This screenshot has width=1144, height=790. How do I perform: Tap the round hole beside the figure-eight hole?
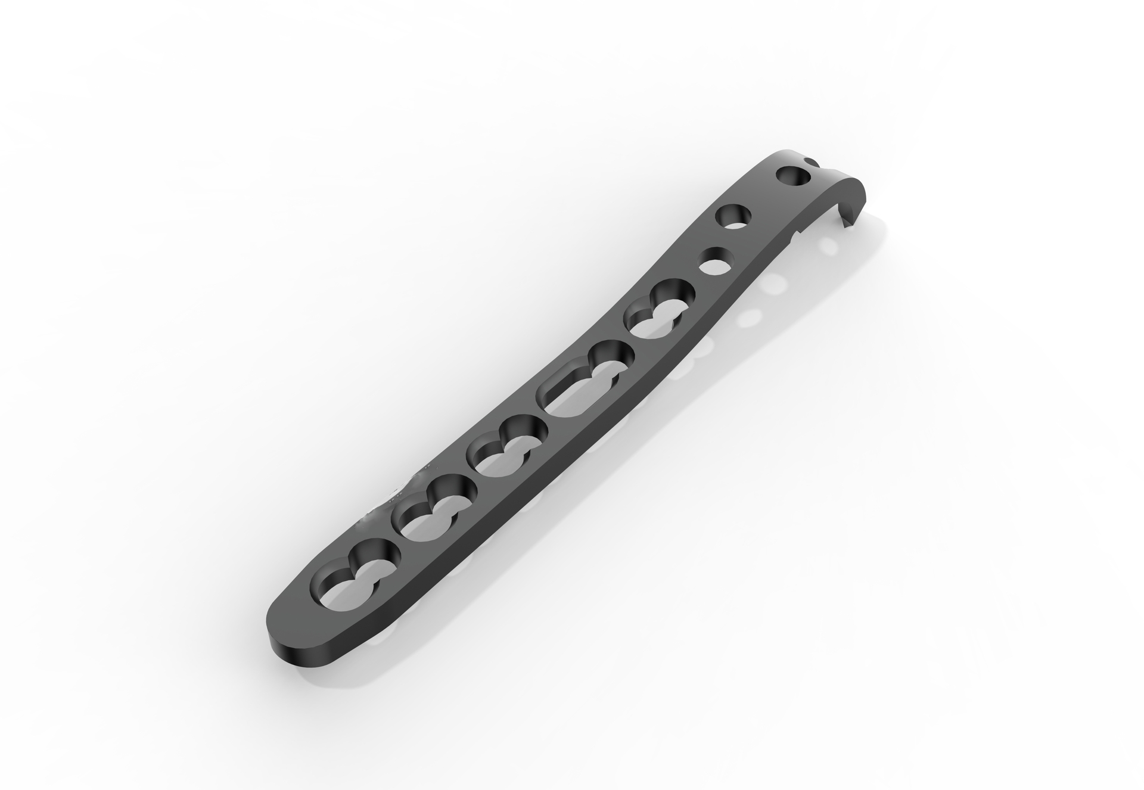click(715, 262)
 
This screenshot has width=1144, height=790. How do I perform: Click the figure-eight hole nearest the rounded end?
click(355, 567)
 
